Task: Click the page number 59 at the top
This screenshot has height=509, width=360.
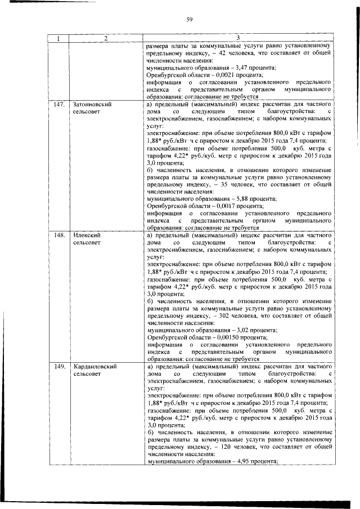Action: click(x=190, y=20)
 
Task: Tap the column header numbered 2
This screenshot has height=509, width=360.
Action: click(x=105, y=38)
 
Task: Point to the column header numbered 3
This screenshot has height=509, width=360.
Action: click(x=238, y=38)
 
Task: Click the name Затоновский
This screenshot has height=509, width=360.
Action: click(x=91, y=105)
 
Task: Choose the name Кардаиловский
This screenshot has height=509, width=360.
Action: click(x=95, y=367)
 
